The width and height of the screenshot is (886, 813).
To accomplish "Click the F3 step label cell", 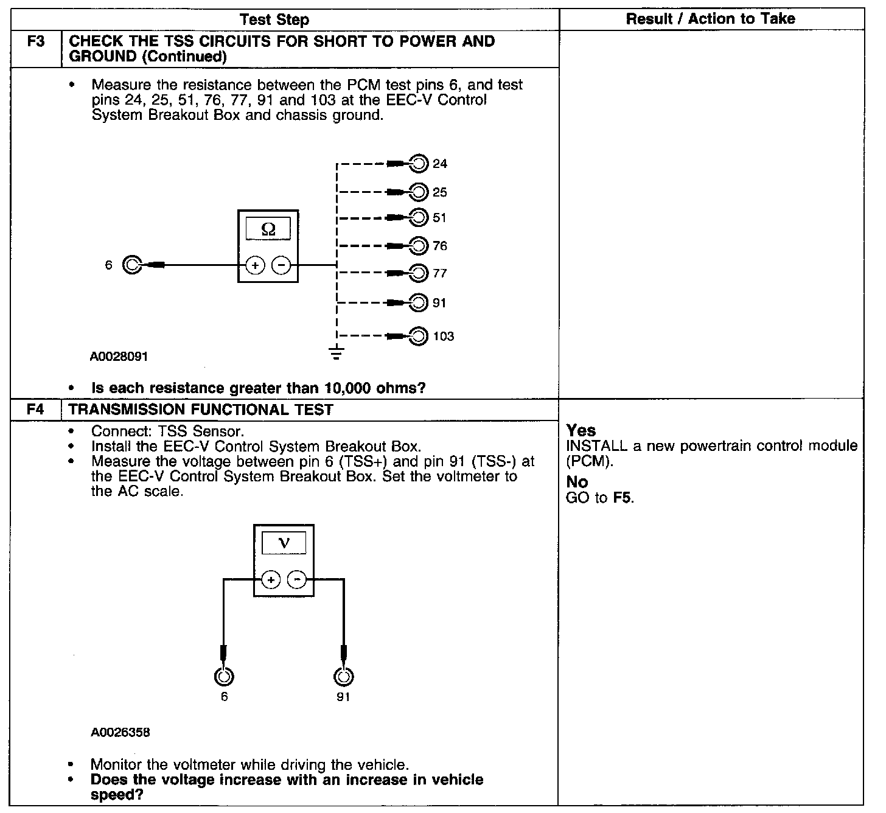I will pyautogui.click(x=36, y=43).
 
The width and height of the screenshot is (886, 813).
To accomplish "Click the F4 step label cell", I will pyautogui.click(x=36, y=410).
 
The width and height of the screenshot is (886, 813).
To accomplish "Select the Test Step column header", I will pyautogui.click(x=274, y=19).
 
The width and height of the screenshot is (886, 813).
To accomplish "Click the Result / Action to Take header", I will pyautogui.click(x=710, y=19).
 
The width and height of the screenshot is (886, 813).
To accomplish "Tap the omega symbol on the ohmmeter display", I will pyautogui.click(x=268, y=229).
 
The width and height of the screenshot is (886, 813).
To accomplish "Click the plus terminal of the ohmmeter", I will pyautogui.click(x=254, y=265).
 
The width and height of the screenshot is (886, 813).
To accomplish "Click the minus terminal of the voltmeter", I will pyautogui.click(x=297, y=580).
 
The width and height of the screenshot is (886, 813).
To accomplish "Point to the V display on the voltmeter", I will pyautogui.click(x=284, y=543).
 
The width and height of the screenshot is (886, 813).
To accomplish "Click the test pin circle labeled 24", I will pyautogui.click(x=419, y=164).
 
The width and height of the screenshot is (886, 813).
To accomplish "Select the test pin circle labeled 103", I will pyautogui.click(x=419, y=336).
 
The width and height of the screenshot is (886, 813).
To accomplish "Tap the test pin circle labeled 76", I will pyautogui.click(x=419, y=245).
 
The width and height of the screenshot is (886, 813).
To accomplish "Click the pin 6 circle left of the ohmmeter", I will pyautogui.click(x=132, y=265).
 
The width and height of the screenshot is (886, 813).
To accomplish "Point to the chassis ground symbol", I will pyautogui.click(x=336, y=353).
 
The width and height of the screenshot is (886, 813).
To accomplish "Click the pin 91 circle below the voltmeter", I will pyautogui.click(x=343, y=677).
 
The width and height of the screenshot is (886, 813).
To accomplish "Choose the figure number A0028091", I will pyautogui.click(x=119, y=357).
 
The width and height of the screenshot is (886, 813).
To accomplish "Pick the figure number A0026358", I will pyautogui.click(x=120, y=732).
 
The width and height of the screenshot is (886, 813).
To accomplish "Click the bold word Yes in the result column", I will pyautogui.click(x=581, y=430).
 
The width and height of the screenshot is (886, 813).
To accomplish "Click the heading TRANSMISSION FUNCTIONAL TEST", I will pyautogui.click(x=201, y=410).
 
